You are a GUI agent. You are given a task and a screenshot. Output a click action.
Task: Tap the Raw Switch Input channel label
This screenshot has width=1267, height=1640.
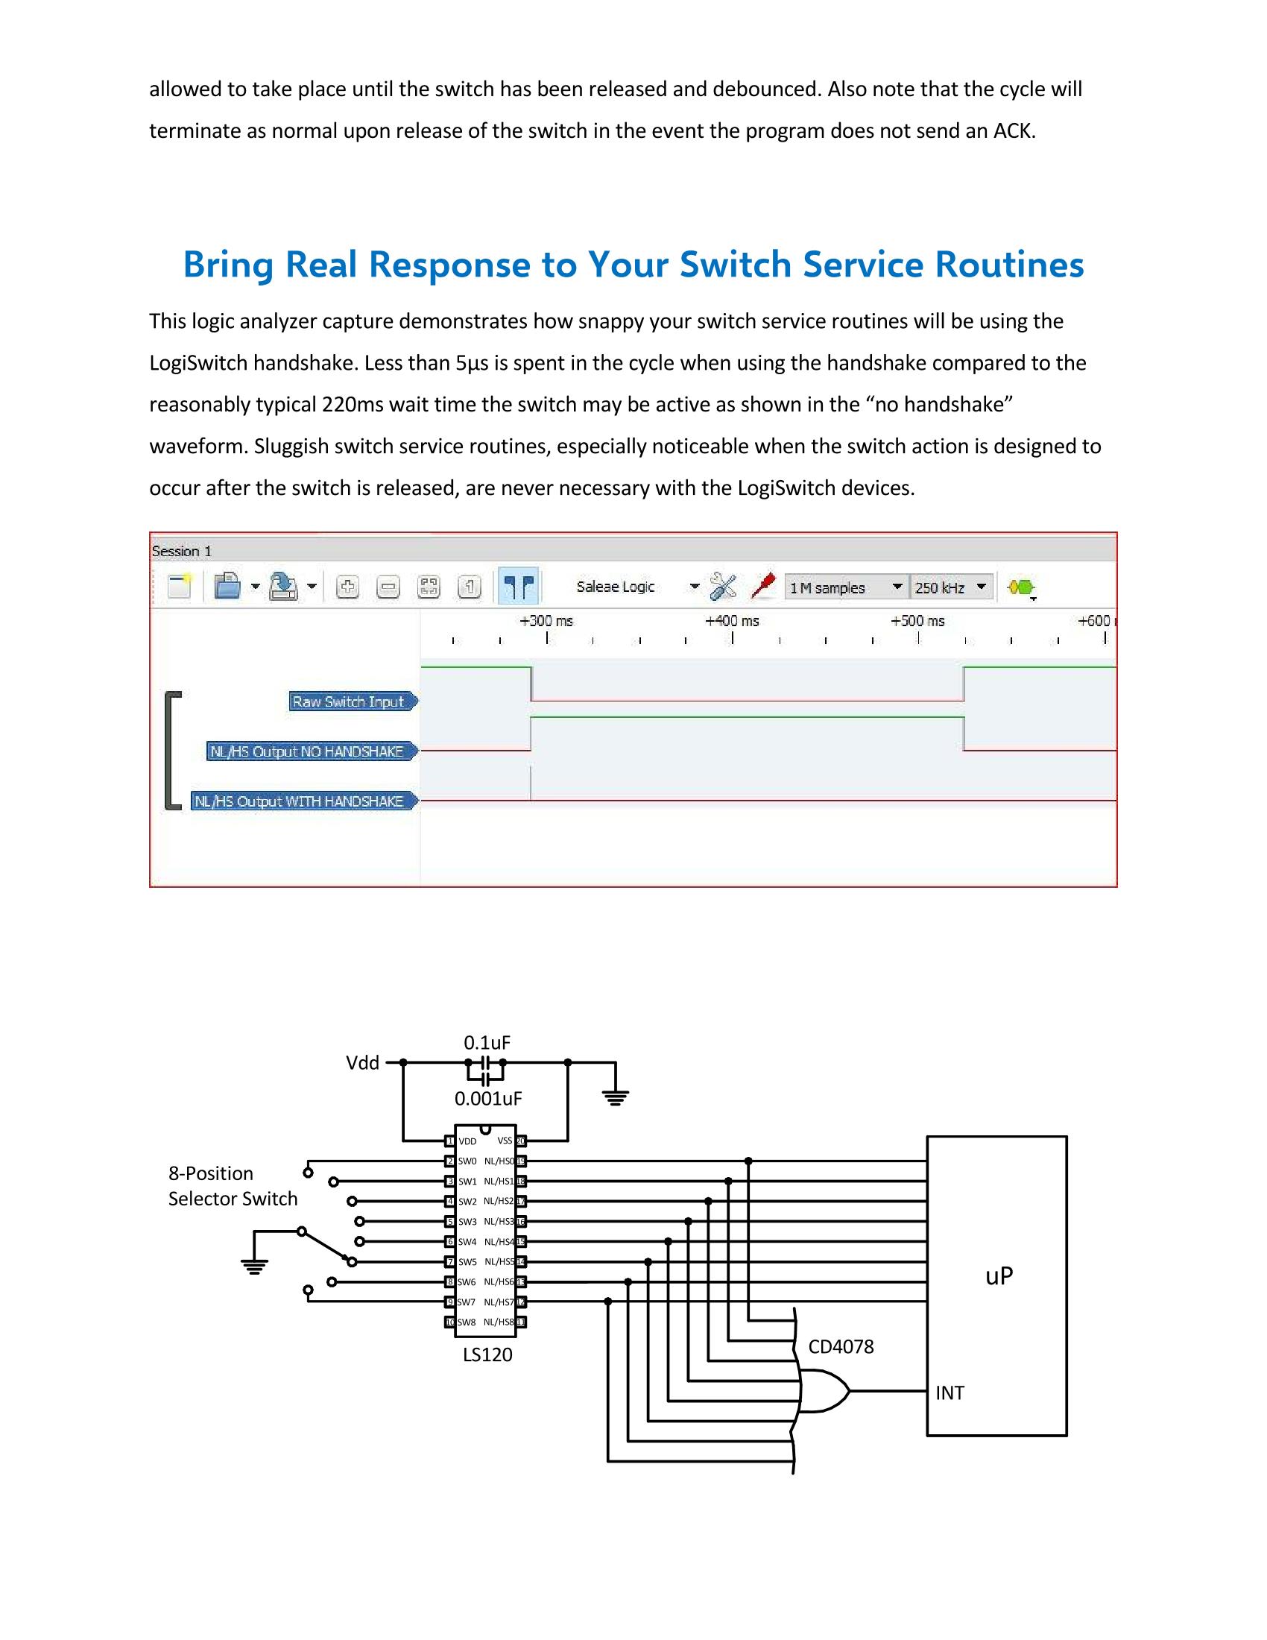[x=348, y=701]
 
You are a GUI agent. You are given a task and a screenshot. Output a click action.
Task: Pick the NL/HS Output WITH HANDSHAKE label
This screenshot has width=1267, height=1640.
[x=299, y=801]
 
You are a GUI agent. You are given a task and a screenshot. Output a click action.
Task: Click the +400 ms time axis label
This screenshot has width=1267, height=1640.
[x=732, y=621]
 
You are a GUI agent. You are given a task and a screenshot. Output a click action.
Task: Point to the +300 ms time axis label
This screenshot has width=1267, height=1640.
[x=546, y=621]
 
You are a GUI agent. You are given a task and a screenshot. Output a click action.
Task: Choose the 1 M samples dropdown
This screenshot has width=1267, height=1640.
[x=845, y=587]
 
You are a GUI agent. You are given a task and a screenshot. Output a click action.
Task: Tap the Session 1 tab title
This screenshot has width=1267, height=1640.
[x=183, y=551]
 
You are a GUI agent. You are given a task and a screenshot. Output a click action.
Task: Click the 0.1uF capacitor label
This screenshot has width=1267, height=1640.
[x=487, y=1042]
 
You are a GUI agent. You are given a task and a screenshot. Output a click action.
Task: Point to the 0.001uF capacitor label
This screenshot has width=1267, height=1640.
[x=488, y=1099]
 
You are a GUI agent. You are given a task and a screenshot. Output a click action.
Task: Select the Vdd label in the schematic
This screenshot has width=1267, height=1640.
[x=362, y=1062]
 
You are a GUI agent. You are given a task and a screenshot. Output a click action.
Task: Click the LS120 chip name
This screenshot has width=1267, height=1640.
[x=487, y=1354]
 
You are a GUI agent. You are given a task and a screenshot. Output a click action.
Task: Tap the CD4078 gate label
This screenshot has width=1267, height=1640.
[x=841, y=1346]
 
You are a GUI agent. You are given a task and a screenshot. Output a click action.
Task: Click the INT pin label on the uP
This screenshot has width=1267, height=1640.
[x=950, y=1393]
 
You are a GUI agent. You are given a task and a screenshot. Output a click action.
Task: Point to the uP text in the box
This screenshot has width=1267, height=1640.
[x=999, y=1275]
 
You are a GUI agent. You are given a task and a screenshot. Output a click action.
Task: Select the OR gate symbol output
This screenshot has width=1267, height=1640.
[x=848, y=1392]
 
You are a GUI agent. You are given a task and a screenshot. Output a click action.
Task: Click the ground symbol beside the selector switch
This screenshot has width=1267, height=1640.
[x=254, y=1267]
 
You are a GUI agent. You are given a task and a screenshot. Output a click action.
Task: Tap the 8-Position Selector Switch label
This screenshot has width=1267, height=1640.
[x=232, y=1186]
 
